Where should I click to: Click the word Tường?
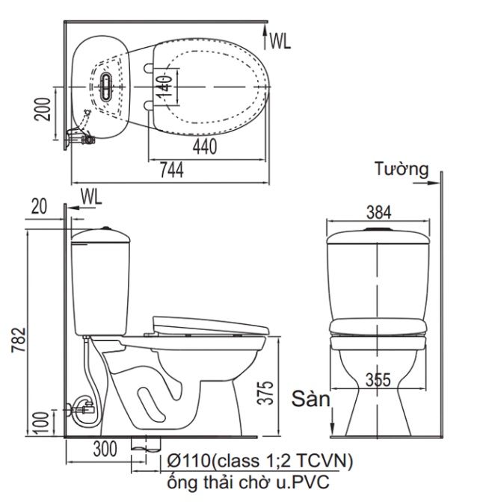402,169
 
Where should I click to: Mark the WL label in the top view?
280,41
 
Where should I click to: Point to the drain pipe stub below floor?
142,444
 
